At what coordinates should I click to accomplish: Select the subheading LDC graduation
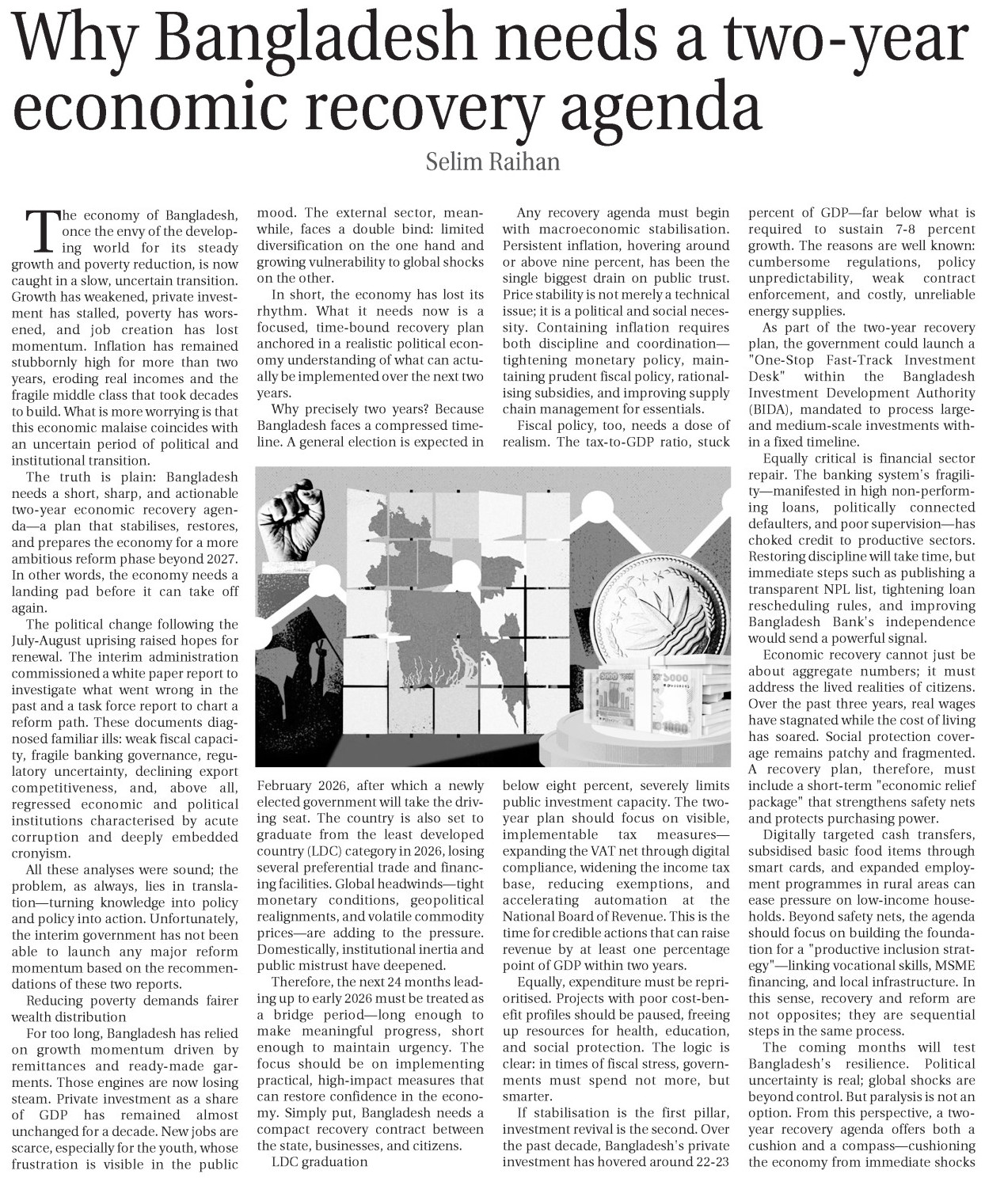point(319,1161)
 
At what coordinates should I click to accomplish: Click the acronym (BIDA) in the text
point(772,409)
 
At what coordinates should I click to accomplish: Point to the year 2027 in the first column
point(219,558)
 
